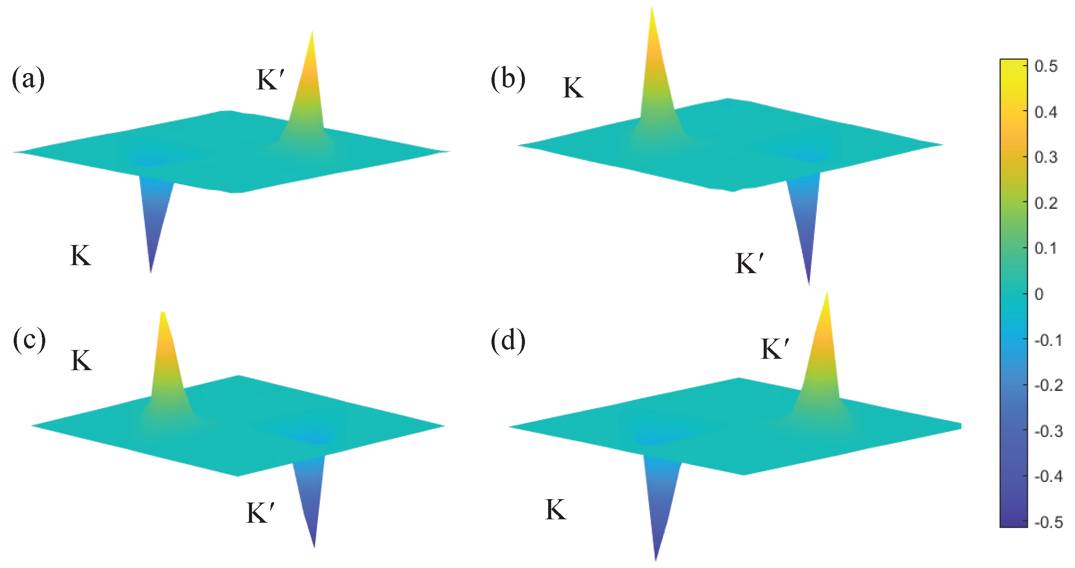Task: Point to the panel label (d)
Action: pyautogui.click(x=507, y=340)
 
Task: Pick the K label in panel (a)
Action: pyautogui.click(x=80, y=255)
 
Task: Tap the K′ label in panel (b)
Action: pyautogui.click(x=750, y=263)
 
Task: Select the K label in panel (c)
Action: pyautogui.click(x=81, y=360)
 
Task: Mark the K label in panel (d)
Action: pyautogui.click(x=555, y=509)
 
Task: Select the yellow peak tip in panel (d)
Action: pyautogui.click(x=827, y=294)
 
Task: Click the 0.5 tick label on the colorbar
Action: pyautogui.click(x=1046, y=66)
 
